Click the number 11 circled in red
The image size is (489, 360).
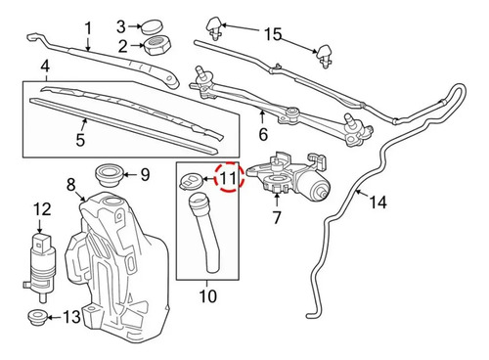(x=228, y=178)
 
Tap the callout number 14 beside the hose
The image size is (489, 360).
(x=378, y=202)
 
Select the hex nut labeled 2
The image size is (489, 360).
(x=157, y=46)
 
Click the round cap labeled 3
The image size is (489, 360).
(x=152, y=26)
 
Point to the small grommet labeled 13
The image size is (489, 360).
(x=37, y=317)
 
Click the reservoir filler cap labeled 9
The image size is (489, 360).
(x=109, y=175)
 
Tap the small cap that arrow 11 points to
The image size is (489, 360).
(x=191, y=180)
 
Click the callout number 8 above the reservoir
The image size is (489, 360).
(x=71, y=185)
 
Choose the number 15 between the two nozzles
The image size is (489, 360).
(x=273, y=34)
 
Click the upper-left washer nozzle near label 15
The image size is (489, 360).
(x=214, y=27)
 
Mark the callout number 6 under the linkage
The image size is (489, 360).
(x=263, y=134)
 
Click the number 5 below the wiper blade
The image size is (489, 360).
(x=80, y=139)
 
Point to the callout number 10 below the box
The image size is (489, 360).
(x=207, y=296)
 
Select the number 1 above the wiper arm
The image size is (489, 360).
(x=88, y=28)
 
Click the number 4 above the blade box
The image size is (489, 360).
(x=45, y=66)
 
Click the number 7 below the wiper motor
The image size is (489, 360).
(x=277, y=218)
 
